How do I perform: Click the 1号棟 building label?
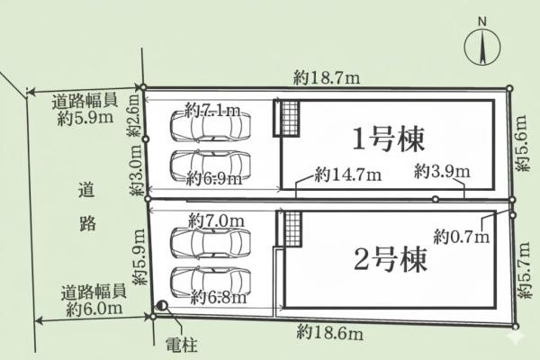tap(388, 139)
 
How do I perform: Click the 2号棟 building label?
tap(391, 259)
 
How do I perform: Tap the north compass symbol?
tap(482, 47)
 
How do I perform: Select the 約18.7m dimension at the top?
tap(327, 78)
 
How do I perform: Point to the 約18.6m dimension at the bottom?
tap(329, 333)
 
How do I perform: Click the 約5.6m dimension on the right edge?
tap(521, 143)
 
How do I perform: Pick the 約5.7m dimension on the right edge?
tap(524, 270)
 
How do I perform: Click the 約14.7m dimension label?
tap(347, 175)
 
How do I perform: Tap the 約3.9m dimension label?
tap(442, 171)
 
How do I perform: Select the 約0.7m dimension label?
tap(462, 237)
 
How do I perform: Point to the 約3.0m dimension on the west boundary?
tap(136, 170)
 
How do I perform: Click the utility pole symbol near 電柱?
tap(162, 305)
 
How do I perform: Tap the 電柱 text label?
tap(181, 345)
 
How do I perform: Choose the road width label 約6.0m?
tap(94, 301)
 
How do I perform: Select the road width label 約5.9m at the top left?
tap(85, 110)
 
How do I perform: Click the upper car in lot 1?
tap(211, 126)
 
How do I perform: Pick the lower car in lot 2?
tap(211, 283)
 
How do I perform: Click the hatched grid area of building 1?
tap(290, 118)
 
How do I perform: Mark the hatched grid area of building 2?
tap(292, 229)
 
